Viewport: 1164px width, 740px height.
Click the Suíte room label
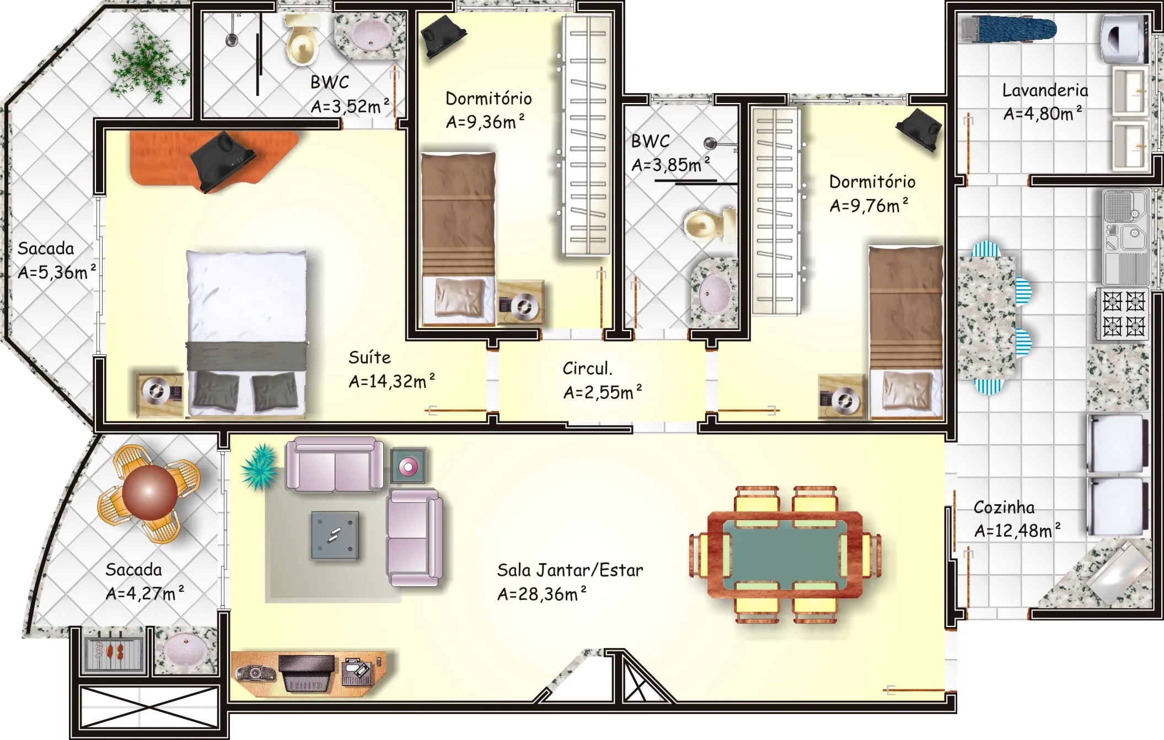point(369,358)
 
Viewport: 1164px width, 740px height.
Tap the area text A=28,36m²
point(541,594)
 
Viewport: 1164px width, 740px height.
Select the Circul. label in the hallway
point(587,368)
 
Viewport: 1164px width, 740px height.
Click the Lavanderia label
point(1045,90)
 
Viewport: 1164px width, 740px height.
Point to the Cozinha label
point(1004,507)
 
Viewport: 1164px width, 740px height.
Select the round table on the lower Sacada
point(149,492)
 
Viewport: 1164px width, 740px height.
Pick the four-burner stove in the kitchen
point(1123,314)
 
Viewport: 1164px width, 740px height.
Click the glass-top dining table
point(785,554)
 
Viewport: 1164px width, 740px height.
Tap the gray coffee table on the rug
point(335,535)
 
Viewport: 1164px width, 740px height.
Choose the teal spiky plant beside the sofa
point(259,467)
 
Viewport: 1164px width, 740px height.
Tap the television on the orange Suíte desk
point(223,161)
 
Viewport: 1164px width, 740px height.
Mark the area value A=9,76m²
point(869,206)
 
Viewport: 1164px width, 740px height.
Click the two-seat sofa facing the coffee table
point(334,464)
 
